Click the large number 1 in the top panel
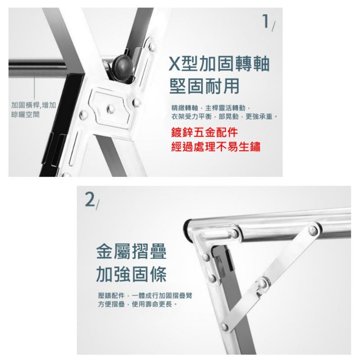pos(266,21)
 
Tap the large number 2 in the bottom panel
pos(90,199)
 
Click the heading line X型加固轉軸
pos(219,64)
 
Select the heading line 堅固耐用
pos(204,86)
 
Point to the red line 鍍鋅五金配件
pos(204,132)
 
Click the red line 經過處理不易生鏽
pos(216,147)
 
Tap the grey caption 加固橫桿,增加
pos(33,105)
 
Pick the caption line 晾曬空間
pos(25,114)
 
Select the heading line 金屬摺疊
pos(131,252)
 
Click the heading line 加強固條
pos(131,274)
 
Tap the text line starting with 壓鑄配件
pos(145,296)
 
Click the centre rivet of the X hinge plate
pos(111,108)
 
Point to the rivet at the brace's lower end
pos(225,327)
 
